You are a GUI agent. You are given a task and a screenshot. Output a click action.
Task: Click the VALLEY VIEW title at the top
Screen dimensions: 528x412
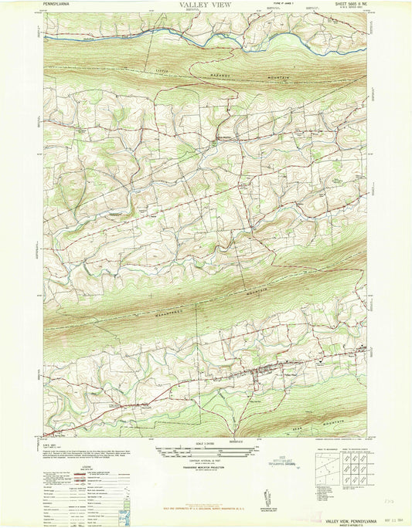point(206,5)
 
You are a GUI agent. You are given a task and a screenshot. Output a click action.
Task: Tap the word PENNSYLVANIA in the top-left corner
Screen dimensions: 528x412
point(61,5)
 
